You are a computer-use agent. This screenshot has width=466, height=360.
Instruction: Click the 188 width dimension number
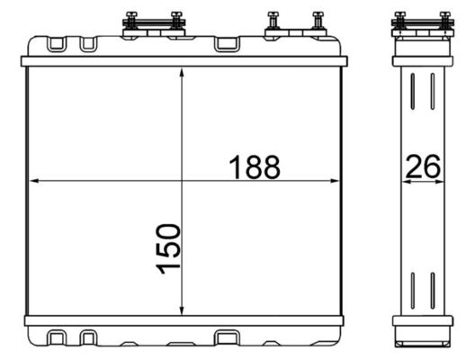click(x=254, y=166)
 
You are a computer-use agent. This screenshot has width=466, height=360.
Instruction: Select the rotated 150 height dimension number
click(x=168, y=251)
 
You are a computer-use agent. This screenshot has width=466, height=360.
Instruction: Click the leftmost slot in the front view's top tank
click(x=57, y=43)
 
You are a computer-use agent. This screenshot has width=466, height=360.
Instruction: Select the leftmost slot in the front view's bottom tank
click(x=57, y=337)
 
